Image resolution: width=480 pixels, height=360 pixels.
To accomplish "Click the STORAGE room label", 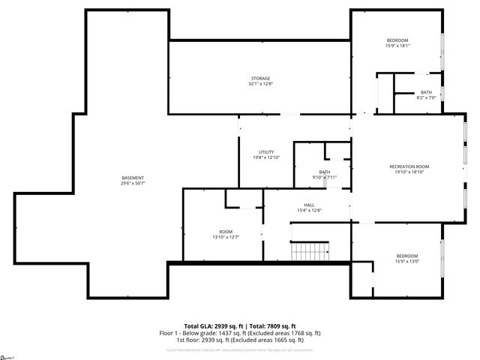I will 260,78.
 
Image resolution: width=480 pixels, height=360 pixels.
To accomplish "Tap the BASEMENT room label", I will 133,178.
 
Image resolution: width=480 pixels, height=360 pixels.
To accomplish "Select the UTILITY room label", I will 265,152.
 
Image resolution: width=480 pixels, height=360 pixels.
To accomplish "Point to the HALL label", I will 309,205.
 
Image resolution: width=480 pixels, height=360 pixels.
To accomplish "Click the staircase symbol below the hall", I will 310,250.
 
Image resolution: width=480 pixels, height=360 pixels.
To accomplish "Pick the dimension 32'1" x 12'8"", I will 260,84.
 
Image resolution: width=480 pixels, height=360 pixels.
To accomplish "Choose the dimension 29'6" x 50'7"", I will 133,183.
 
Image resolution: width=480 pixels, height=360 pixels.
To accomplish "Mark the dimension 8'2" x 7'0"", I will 426,97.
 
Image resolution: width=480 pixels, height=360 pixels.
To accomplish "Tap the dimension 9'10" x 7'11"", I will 325,177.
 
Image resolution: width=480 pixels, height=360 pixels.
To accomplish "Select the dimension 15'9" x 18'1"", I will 397,45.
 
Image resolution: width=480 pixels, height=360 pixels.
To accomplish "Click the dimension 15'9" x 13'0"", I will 407,262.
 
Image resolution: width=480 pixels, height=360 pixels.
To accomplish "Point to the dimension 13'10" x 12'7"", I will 226,237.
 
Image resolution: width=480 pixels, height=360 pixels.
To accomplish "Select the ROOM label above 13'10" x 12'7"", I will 226,231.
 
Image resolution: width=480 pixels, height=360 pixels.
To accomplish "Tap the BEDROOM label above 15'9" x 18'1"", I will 397,40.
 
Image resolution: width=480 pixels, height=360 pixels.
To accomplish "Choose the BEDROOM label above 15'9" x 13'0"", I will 407,256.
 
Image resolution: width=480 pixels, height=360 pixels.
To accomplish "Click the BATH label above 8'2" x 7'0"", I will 426,92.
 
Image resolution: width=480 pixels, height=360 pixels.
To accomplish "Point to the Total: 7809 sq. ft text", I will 270,325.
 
